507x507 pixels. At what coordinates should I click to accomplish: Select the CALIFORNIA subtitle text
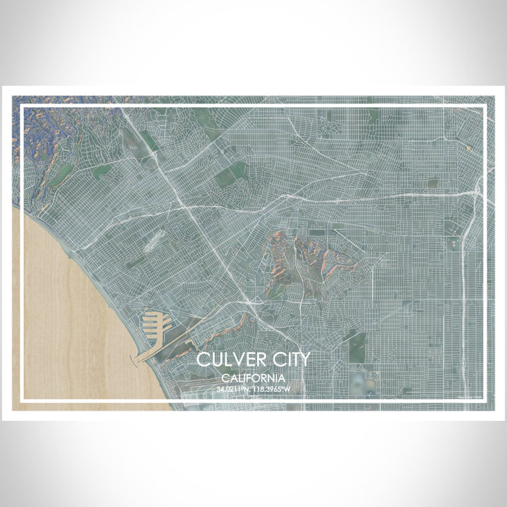coord(253,378)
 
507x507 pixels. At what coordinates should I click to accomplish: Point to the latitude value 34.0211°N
coord(233,389)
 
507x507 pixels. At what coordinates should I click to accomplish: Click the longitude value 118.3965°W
coord(272,389)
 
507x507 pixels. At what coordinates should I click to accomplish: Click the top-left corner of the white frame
coord(22,107)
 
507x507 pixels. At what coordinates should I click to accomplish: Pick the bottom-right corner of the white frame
coord(484,400)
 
